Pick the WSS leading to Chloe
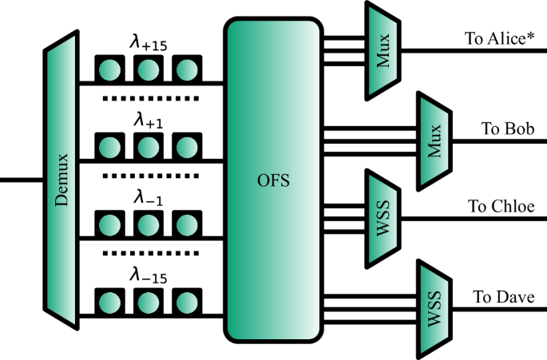[383, 216]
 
